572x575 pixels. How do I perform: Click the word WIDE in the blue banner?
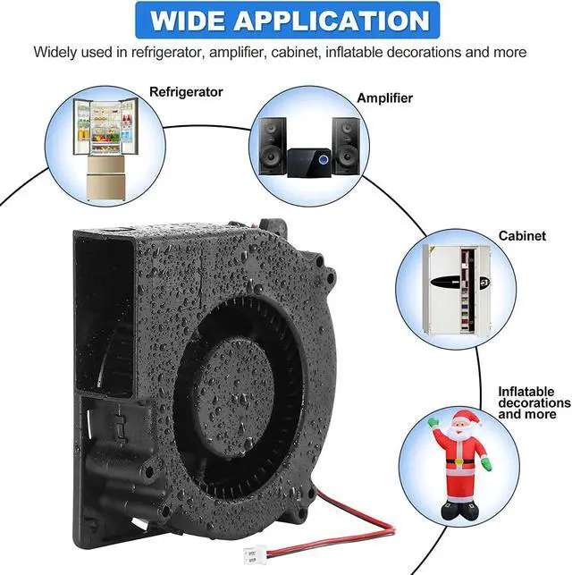click(x=188, y=21)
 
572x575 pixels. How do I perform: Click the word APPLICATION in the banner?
click(x=332, y=21)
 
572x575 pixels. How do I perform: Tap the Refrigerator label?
click(x=186, y=92)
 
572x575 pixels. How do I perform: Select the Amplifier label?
click(x=384, y=97)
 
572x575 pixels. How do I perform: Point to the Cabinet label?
click(x=522, y=236)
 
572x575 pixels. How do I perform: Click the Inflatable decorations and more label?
click(x=534, y=402)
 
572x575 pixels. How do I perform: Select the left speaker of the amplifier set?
click(x=273, y=146)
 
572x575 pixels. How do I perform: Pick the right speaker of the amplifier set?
click(x=346, y=146)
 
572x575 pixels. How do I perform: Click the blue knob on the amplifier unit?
click(x=323, y=160)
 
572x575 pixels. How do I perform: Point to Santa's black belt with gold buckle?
click(x=460, y=462)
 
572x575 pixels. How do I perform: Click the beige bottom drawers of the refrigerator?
click(x=106, y=178)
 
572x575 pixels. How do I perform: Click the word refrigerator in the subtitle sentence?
click(x=166, y=53)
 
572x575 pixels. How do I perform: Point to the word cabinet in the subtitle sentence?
click(x=294, y=52)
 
